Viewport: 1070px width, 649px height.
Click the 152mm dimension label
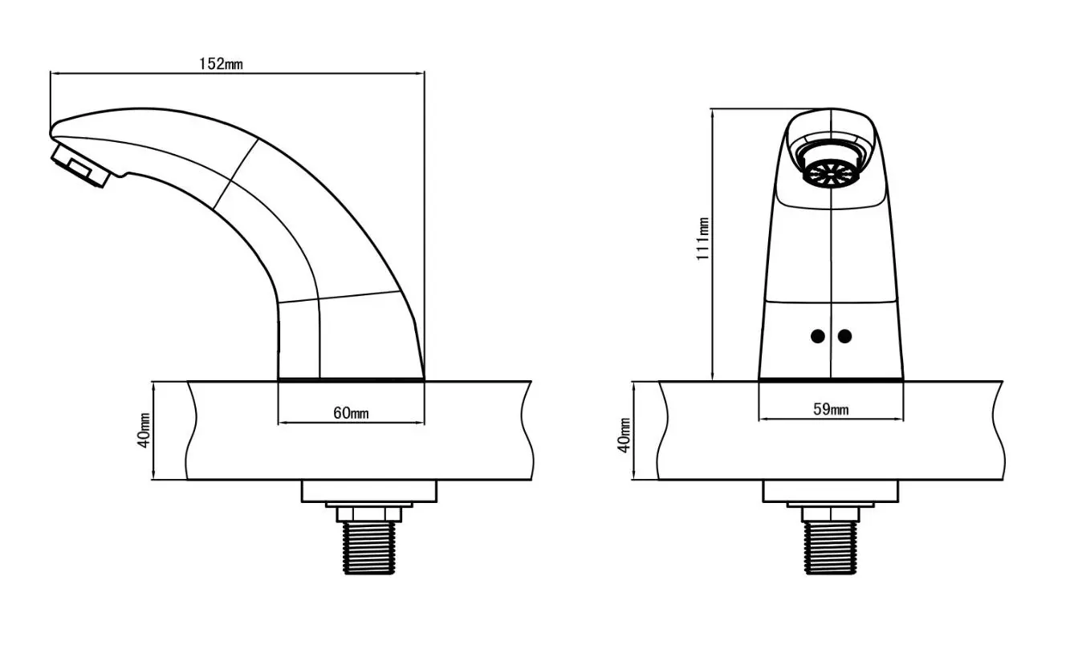(221, 63)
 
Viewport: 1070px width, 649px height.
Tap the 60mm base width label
(351, 412)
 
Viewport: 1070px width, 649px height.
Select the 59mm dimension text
(831, 409)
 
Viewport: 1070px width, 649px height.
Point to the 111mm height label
(702, 239)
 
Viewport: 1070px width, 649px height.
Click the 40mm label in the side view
(144, 430)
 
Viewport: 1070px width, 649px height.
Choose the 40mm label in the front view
(625, 435)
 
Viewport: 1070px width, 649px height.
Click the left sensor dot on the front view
(818, 336)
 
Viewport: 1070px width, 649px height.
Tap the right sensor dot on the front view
(844, 336)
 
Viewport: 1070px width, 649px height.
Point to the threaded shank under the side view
(369, 548)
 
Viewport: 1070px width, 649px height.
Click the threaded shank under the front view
(831, 547)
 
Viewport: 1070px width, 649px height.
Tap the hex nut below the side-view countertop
(369, 514)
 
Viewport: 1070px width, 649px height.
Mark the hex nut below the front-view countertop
(831, 514)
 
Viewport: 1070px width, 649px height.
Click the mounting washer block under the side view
(368, 492)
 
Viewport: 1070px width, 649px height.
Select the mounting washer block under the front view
(830, 492)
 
